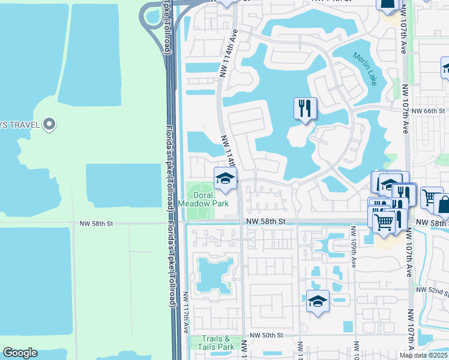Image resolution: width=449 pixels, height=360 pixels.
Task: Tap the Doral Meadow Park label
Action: pos(203,199)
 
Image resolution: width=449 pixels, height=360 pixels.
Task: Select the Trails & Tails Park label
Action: pos(217,343)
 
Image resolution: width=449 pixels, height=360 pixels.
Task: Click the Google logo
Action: pos(20,352)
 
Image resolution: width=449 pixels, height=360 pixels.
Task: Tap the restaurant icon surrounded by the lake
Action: pos(305,109)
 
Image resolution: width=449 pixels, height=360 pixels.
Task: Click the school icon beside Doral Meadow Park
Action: pos(226,179)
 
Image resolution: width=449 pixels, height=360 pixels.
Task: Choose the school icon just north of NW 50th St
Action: pos(318,301)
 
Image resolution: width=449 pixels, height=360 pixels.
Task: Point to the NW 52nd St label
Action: pos(436,292)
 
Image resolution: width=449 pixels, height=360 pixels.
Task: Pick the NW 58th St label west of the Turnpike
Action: pos(96,223)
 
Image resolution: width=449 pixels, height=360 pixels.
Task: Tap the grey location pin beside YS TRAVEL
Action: pos(50,125)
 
